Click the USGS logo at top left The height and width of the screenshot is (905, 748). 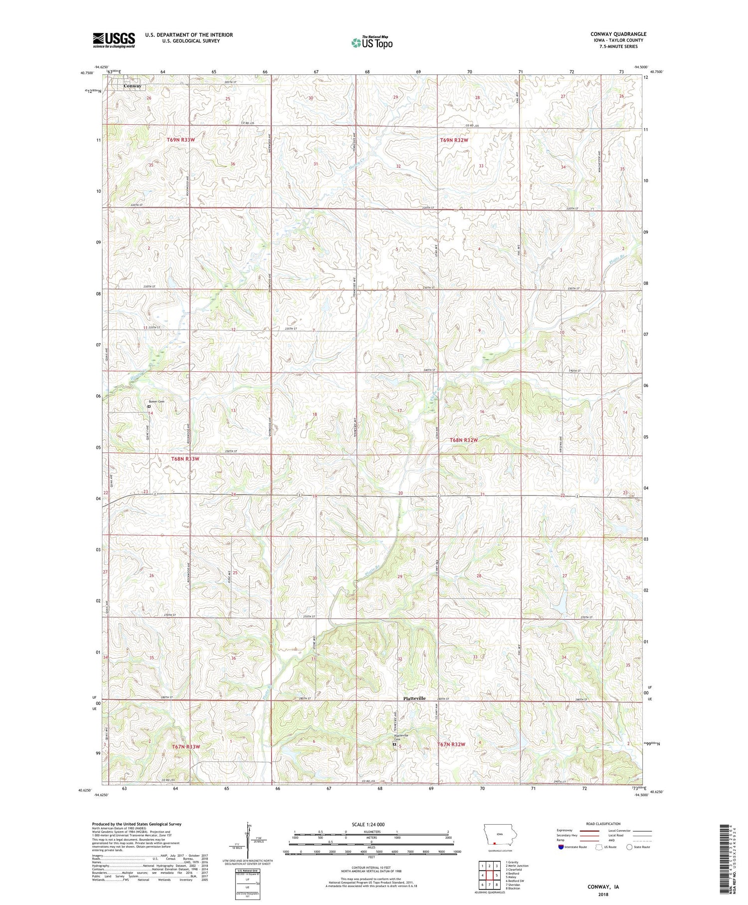coord(114,40)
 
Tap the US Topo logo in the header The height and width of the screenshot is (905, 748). coord(372,43)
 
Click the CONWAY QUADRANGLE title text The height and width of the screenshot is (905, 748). coord(618,34)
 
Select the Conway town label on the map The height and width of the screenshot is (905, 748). coord(132,86)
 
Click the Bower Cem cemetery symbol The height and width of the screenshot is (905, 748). coord(149,406)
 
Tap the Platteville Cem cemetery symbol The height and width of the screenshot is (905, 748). coord(394,744)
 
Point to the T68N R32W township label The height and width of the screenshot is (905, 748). coord(464,440)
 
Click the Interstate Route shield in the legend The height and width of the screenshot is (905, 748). coord(561,847)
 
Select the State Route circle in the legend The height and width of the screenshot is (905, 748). coord(630,847)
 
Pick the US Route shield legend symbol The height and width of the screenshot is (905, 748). coord(599,847)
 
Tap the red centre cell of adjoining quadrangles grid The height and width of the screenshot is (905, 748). coord(490,875)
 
